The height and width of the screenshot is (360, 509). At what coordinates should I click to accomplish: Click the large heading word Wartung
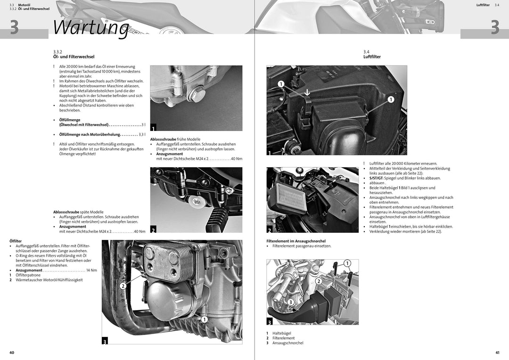(x=91, y=27)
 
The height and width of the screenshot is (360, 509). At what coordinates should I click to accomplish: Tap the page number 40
(x=12, y=352)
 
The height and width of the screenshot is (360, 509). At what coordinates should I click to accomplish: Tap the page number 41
(x=497, y=352)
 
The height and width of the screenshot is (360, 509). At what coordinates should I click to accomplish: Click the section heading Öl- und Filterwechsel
(x=74, y=57)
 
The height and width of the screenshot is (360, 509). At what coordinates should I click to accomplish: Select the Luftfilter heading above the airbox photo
(x=372, y=57)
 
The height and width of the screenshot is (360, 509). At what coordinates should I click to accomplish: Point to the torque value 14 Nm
(x=91, y=270)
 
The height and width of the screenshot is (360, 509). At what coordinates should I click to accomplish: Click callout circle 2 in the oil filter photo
(x=123, y=286)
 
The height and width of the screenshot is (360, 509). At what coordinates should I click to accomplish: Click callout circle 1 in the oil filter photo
(x=204, y=319)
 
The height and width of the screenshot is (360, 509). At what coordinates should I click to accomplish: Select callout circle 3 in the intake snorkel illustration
(x=291, y=302)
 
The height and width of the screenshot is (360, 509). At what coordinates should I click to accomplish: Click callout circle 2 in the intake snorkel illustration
(x=319, y=281)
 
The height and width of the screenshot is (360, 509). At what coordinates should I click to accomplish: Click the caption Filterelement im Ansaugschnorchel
(x=296, y=241)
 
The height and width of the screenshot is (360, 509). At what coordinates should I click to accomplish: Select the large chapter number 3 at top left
(x=14, y=27)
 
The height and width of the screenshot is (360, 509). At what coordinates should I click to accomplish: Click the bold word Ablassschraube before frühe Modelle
(x=163, y=139)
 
